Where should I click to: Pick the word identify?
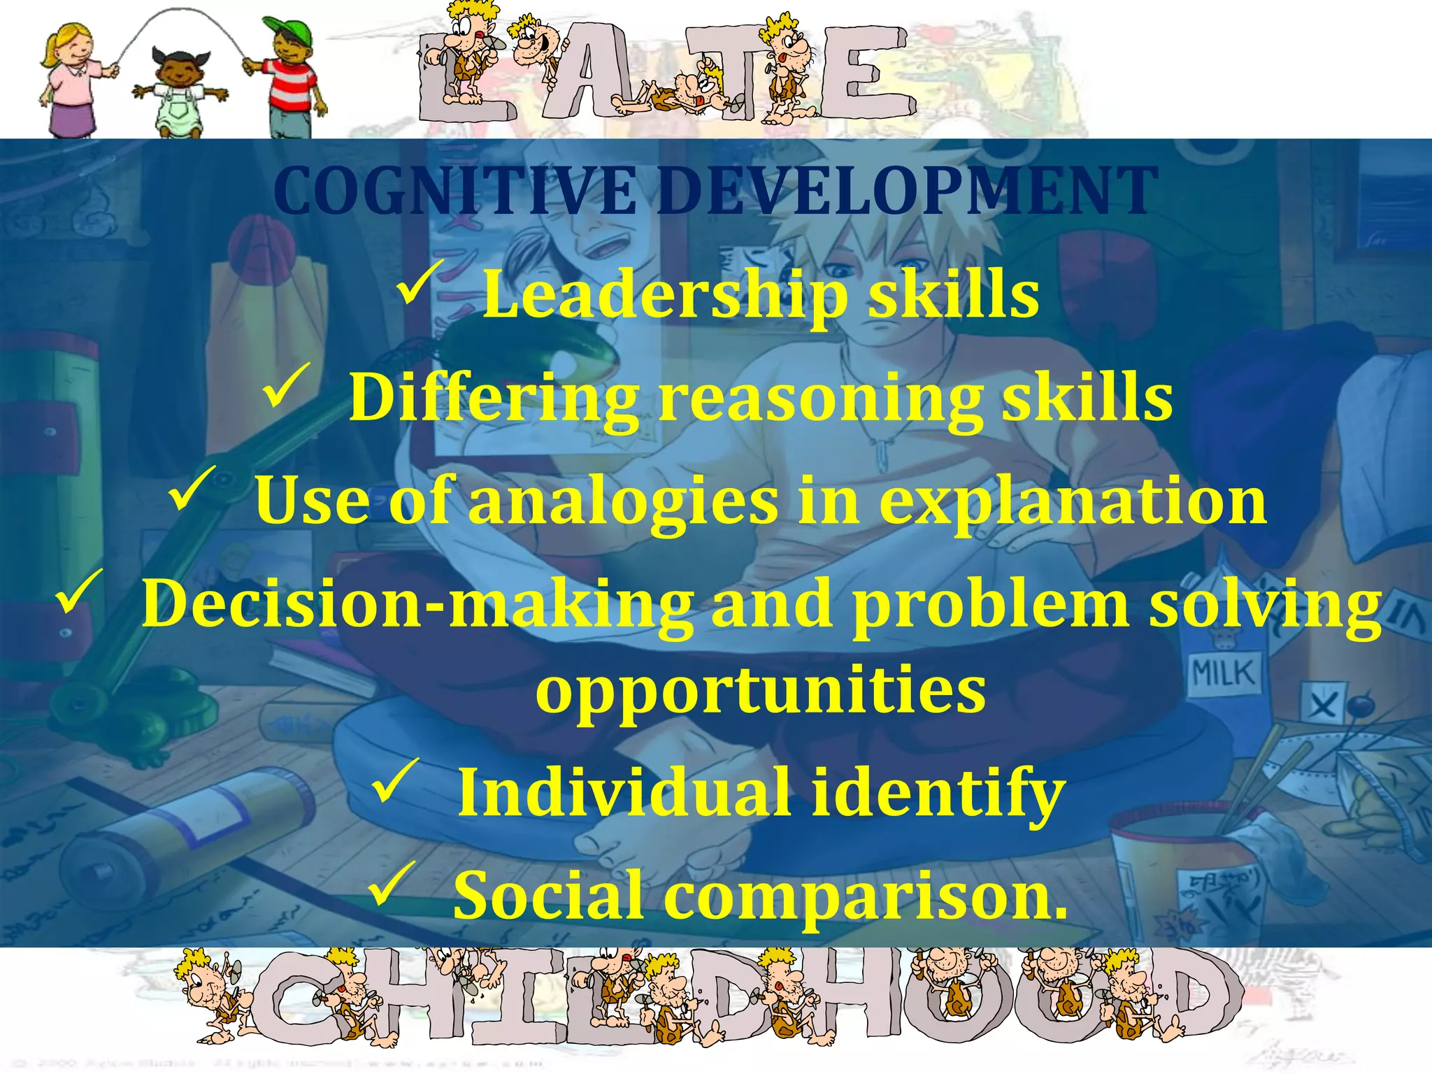pyautogui.click(x=938, y=794)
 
